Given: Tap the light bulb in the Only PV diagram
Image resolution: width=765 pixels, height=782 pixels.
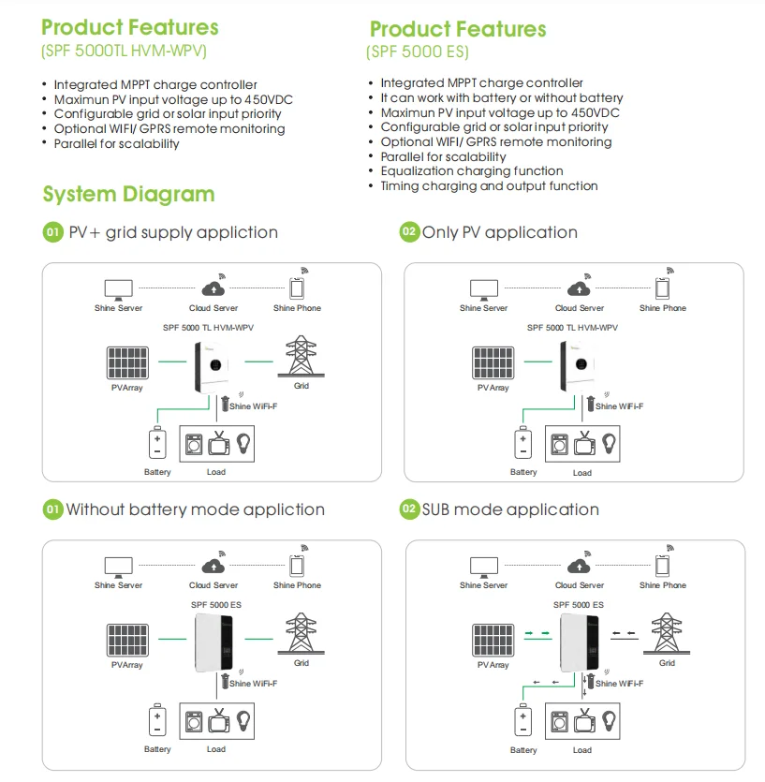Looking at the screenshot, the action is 610,442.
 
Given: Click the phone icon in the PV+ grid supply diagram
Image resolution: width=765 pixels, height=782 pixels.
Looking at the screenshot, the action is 297,288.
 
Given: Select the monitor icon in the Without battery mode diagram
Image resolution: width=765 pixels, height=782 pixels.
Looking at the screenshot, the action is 118,566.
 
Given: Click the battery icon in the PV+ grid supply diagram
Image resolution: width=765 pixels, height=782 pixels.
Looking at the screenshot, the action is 156,443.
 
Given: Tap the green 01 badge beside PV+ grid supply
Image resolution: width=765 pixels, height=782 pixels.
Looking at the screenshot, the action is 53,232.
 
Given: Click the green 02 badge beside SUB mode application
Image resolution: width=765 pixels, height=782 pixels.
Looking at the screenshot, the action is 409,509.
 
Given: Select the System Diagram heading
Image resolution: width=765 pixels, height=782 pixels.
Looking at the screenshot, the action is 128,195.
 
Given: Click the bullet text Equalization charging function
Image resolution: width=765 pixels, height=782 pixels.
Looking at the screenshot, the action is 471,171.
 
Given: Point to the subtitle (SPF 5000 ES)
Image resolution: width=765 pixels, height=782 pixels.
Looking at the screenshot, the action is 417,52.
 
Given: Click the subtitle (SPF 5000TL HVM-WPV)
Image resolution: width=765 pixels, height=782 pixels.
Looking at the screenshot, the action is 124,52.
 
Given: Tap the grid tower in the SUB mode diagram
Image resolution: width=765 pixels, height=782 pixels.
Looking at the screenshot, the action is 666,634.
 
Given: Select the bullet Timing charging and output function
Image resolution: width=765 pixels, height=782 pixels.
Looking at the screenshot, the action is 489,186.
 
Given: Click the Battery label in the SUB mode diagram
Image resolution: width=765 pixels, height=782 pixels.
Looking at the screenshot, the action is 523,750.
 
